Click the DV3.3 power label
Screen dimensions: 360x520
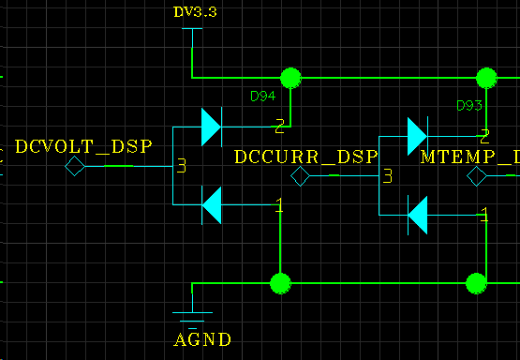196,12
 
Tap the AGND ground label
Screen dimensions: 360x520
203,338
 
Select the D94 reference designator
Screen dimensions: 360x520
262,97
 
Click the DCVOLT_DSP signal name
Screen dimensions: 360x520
82,146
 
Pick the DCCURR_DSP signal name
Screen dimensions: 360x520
305,157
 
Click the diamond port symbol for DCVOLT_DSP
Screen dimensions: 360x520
74,167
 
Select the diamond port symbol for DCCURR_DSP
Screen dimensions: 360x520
300,176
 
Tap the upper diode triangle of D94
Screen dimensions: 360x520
211,124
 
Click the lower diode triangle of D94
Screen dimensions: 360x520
211,205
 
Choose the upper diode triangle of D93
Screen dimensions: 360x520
417,136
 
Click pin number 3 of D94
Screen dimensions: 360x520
182,166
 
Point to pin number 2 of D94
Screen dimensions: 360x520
279,124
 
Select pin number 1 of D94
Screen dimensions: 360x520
278,205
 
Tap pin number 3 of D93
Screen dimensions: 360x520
386,175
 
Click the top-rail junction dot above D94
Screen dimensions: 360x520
290,77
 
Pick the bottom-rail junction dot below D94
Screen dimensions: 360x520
279,282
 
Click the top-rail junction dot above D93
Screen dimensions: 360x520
486,77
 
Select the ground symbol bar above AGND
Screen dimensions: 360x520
192,312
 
